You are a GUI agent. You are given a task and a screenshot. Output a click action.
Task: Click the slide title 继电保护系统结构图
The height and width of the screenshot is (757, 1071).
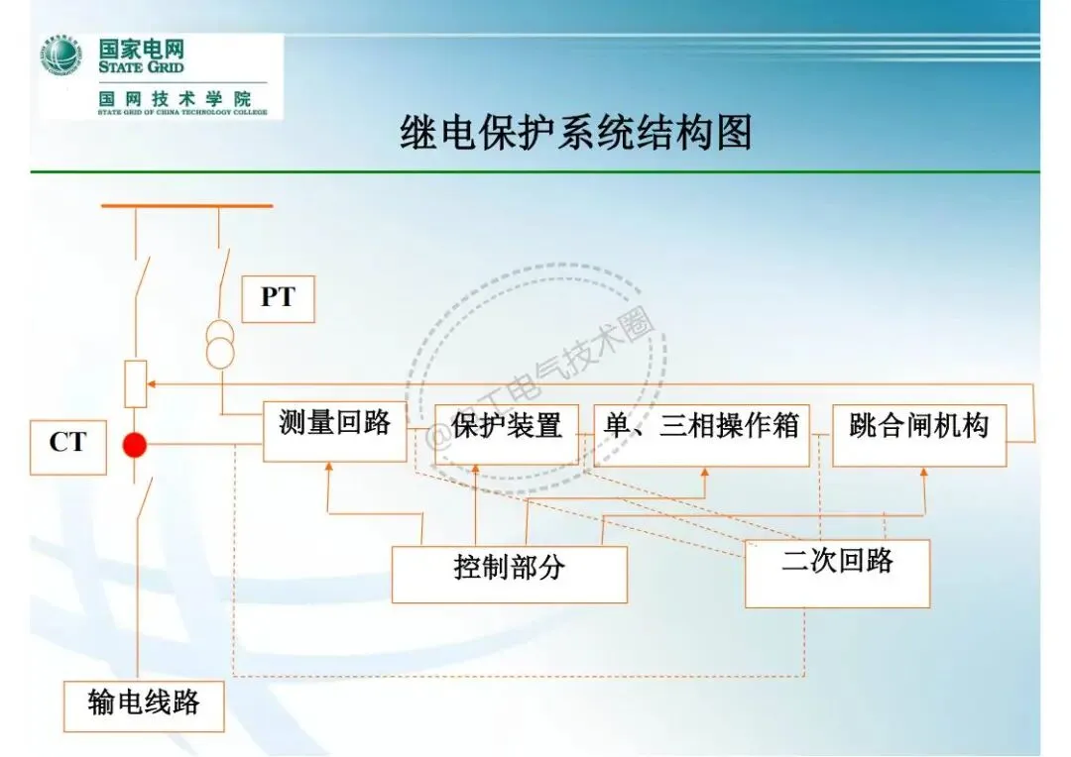point(575,133)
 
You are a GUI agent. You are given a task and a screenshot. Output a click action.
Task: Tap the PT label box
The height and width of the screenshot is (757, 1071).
point(278,298)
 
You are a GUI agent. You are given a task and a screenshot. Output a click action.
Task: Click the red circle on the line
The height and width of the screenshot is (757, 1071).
point(134,445)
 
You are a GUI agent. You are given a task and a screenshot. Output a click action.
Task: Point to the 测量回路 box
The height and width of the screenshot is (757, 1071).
point(334,430)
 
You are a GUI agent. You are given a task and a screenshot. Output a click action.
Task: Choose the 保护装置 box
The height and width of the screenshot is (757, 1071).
point(507,433)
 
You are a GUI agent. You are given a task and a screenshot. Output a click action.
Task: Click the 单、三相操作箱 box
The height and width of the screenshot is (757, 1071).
point(701,434)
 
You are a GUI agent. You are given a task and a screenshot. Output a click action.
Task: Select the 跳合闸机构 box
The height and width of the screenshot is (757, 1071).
point(919,434)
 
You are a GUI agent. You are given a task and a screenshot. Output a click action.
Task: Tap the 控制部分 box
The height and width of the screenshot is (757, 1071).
point(509,574)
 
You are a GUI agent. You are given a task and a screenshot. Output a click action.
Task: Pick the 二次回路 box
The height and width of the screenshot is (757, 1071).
point(837,573)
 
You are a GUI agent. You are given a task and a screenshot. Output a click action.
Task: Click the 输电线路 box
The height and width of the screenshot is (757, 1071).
point(144,705)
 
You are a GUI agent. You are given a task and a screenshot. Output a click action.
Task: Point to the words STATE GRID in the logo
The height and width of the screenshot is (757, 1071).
point(141,68)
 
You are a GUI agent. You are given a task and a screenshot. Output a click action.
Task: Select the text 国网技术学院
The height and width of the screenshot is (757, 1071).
point(175,99)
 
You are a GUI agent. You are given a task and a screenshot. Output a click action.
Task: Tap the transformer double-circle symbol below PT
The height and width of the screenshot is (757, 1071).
point(220,343)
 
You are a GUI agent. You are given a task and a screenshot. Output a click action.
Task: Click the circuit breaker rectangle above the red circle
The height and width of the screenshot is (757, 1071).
point(136,384)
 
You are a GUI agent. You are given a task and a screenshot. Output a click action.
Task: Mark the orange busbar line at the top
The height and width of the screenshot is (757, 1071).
point(186,206)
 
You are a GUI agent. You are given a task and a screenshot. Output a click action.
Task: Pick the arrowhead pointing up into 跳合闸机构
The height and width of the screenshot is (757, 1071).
point(924,475)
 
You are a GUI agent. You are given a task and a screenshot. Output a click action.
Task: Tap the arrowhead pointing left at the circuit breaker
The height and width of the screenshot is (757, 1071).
point(155,384)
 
